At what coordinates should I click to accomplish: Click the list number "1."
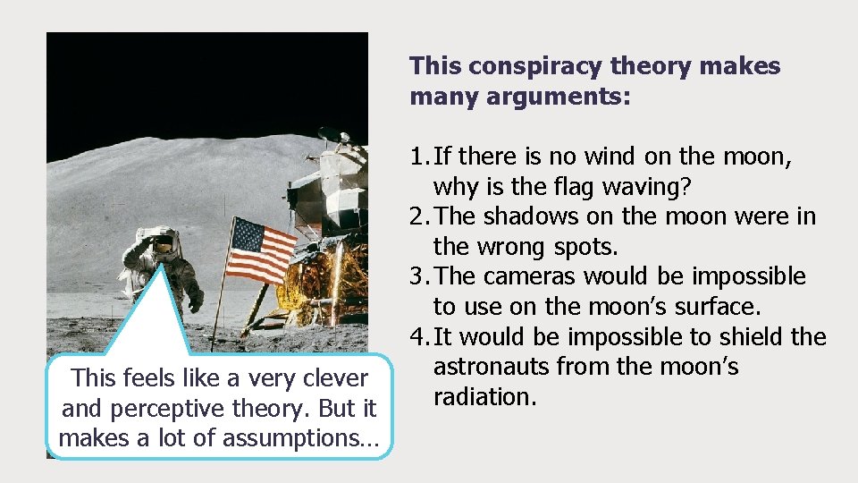[x=418, y=157]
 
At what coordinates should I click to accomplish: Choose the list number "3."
[x=418, y=277]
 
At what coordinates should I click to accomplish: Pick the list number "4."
[x=418, y=337]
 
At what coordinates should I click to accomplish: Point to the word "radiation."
[x=484, y=397]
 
